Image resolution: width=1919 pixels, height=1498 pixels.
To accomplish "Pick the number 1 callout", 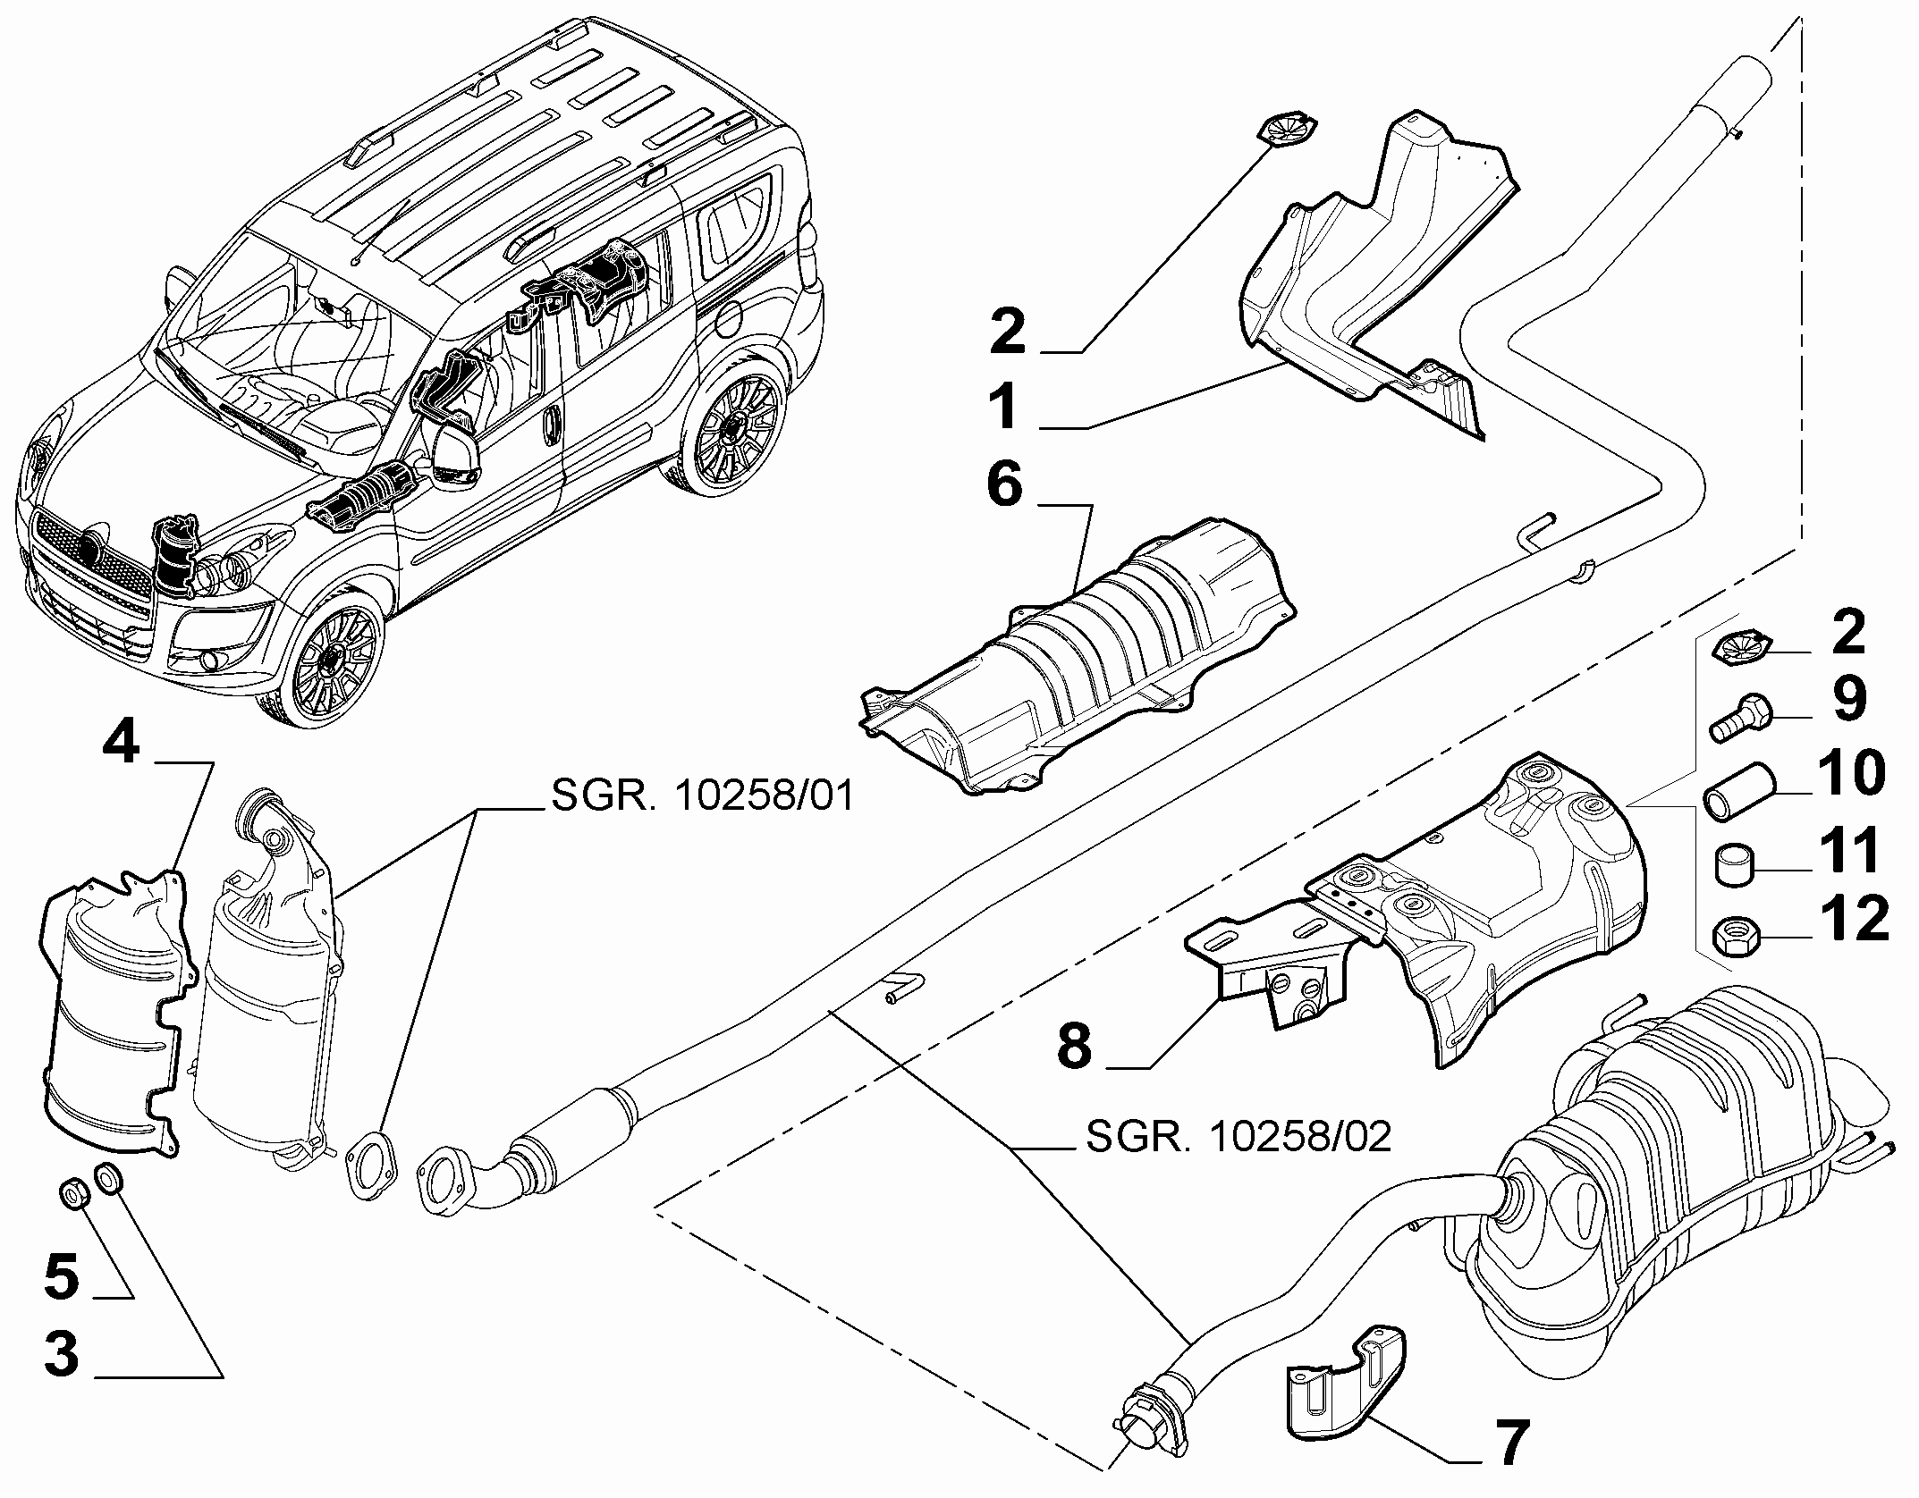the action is [1004, 407].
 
